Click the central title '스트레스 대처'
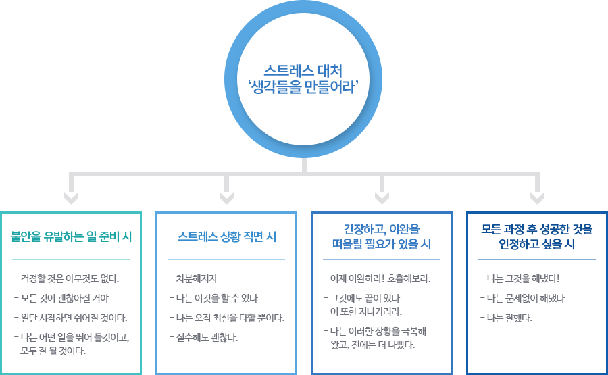point(303,69)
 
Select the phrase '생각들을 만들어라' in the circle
point(303,86)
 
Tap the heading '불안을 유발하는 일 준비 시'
point(71,236)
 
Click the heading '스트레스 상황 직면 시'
point(226,236)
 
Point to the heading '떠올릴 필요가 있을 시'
point(382,244)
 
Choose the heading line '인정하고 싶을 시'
point(537,244)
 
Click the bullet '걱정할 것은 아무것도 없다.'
point(68,278)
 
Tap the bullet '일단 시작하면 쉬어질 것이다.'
point(72,318)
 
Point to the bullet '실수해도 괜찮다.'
point(206,336)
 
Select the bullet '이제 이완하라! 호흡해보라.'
point(379,278)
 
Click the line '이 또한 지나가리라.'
point(365,311)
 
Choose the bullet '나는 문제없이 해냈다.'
point(525,298)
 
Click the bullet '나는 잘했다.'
point(508,318)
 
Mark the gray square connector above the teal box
point(71,198)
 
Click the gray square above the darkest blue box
point(537,198)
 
